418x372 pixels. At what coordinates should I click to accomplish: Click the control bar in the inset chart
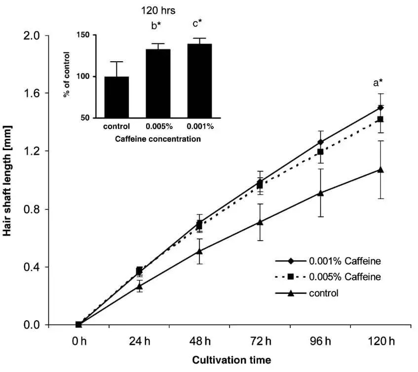pyautogui.click(x=116, y=97)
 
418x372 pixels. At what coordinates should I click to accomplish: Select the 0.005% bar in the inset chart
pyautogui.click(x=158, y=83)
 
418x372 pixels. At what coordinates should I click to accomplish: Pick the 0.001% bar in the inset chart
pyautogui.click(x=200, y=81)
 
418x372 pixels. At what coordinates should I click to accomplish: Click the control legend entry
pyautogui.click(x=324, y=292)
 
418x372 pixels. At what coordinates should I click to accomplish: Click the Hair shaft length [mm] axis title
pyautogui.click(x=8, y=180)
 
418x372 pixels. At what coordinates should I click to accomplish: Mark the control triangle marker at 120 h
pyautogui.click(x=380, y=169)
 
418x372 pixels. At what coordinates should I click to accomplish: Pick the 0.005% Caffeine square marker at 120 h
pyautogui.click(x=380, y=119)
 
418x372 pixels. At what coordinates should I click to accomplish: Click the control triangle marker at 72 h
pyautogui.click(x=260, y=222)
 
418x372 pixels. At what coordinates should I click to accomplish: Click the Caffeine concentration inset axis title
pyautogui.click(x=158, y=139)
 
